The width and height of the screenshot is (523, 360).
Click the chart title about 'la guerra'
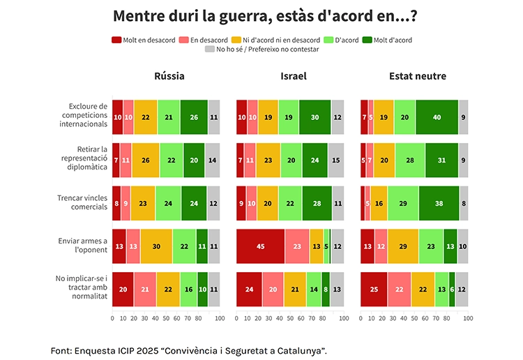coord(270,15)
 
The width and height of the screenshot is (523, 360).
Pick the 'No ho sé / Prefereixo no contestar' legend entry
coord(261,50)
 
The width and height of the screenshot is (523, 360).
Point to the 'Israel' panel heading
coord(294,76)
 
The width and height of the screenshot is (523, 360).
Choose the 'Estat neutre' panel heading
coord(418,76)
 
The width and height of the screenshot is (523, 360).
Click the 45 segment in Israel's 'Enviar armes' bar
coord(260,246)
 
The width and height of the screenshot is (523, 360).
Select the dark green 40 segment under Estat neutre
coord(437,117)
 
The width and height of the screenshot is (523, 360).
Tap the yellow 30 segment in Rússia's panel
coord(156,246)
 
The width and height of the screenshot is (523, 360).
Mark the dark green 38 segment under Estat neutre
coord(439,203)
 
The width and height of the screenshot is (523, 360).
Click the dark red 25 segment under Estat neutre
coord(374,290)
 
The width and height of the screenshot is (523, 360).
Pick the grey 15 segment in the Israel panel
coord(336,160)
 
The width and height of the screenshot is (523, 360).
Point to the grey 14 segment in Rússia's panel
coord(212,160)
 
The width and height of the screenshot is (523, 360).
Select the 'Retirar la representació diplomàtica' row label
coord(84,160)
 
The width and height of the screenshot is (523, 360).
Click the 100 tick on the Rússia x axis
coord(219,318)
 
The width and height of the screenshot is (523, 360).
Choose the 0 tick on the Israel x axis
coord(236,318)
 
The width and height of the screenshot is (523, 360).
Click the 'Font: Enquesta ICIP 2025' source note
coord(188,350)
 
